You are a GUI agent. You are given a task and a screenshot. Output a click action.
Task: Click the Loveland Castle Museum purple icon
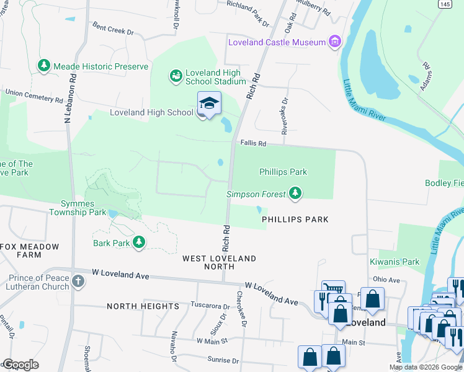point(335,42)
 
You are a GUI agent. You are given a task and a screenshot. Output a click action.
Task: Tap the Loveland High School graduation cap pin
point(209,104)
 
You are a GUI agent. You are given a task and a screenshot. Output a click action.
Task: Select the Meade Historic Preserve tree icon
point(44,66)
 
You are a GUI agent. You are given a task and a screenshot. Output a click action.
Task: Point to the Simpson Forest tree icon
point(296,194)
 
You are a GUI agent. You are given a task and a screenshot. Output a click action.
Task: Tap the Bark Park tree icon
point(140,242)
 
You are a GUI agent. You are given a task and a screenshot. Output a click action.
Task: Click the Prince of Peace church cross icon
point(78,281)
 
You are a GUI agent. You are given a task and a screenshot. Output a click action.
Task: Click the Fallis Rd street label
point(253,144)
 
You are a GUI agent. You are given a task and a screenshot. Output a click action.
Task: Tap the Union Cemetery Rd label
point(34,95)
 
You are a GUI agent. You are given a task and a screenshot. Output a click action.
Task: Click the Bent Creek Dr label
point(113,29)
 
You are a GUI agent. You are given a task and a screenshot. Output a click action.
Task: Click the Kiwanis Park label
point(395,262)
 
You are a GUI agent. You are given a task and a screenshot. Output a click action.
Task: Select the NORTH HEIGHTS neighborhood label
point(143,306)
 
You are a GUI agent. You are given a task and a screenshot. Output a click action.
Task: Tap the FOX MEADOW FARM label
point(30,250)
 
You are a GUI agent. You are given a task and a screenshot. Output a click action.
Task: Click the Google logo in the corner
point(20,365)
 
